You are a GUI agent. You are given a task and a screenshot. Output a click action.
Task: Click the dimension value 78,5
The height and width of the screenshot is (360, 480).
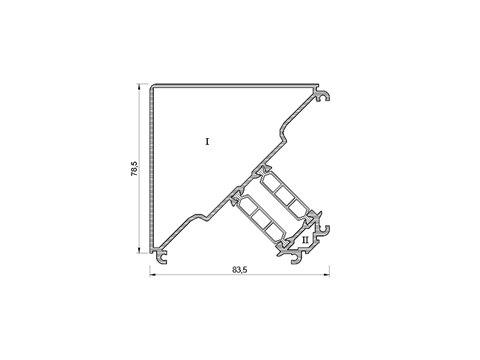coord(134,169)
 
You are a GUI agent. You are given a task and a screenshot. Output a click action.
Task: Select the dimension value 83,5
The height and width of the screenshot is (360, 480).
coord(240,270)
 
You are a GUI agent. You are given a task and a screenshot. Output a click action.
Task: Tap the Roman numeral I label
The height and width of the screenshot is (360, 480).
coord(207,142)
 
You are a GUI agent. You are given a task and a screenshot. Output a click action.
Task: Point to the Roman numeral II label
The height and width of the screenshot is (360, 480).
coord(305,240)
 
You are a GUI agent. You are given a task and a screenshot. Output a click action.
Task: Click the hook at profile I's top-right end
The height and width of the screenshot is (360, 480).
coord(323,96)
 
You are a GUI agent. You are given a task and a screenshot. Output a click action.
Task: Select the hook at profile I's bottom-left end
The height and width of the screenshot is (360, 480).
coord(161,257)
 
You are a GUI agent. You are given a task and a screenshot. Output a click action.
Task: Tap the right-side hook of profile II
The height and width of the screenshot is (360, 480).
coord(324,229)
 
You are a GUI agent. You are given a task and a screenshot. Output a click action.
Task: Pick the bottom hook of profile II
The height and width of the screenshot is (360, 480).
coord(296,258)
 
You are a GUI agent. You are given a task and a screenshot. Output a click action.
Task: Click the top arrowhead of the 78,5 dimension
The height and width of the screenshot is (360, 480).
coord(139,86)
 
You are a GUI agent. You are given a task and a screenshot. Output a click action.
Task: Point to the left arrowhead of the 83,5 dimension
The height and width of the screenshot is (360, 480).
coord(152,275)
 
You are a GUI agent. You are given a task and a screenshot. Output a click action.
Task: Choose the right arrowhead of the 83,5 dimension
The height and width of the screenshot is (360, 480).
coord(327,275)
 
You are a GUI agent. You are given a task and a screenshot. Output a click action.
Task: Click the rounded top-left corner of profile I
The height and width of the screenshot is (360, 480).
coord(152,86)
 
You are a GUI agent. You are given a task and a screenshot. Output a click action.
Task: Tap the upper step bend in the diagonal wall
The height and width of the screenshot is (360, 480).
coord(283,133)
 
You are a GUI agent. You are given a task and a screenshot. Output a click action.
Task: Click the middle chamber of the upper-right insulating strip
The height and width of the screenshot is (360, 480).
coord(283,192)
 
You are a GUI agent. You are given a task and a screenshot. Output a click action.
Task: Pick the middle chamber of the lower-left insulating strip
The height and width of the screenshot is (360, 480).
coord(258,217)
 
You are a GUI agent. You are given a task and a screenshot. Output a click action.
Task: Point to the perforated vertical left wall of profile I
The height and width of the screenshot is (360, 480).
coord(152,168)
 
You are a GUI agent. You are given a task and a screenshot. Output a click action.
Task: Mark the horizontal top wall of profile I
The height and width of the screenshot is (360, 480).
coord(235,86)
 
